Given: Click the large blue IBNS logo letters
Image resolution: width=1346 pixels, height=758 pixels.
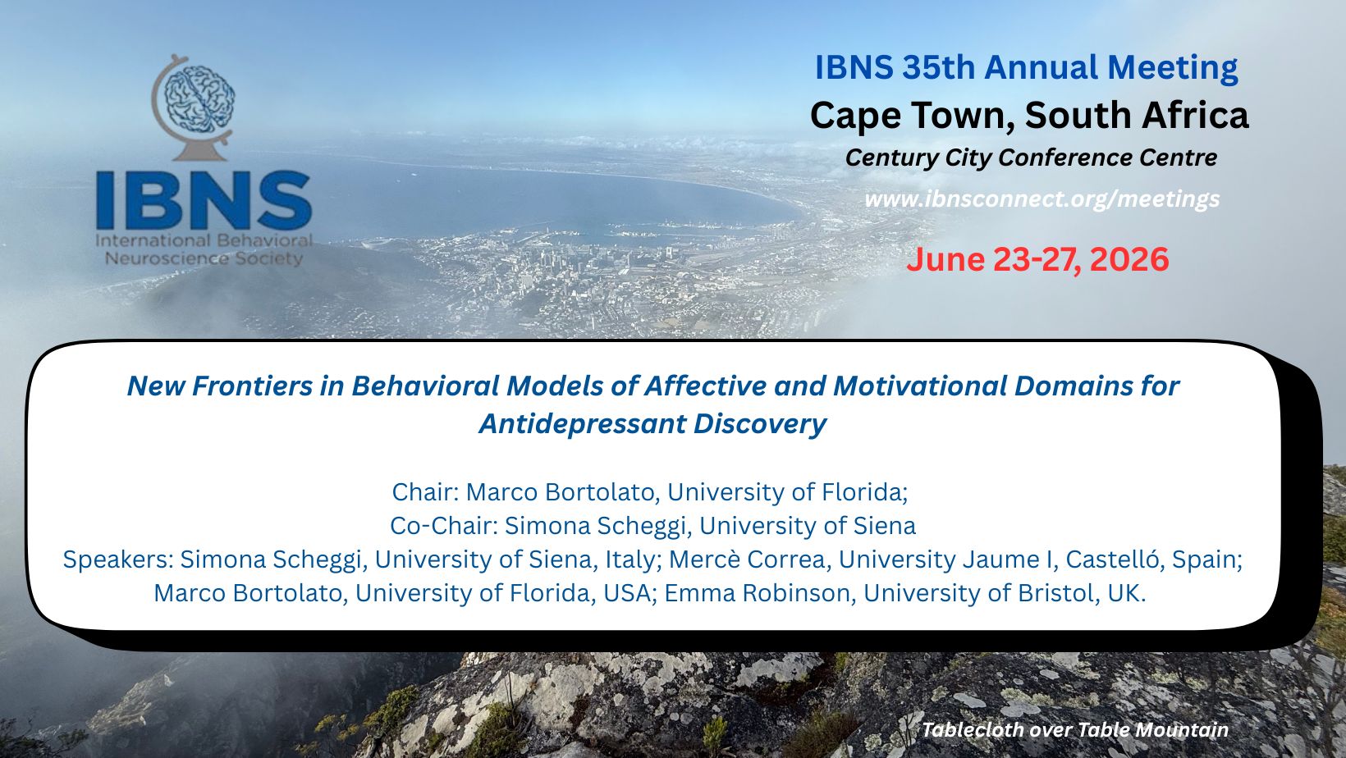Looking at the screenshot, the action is coord(204,200).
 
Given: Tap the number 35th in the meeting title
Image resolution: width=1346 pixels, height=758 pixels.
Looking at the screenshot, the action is coord(938,67).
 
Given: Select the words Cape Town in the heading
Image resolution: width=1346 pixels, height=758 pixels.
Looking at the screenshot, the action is coord(913,116).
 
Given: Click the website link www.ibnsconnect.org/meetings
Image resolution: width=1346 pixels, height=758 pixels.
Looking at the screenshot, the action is coord(1042,199).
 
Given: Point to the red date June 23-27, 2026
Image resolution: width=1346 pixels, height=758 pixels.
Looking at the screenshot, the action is coord(1037,259).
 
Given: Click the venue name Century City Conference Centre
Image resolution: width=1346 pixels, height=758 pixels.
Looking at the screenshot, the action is coord(1031,158).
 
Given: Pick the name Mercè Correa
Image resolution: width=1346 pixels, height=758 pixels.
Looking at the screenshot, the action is coord(747,559).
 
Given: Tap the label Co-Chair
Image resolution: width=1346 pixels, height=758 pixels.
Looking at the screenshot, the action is coord(442,526).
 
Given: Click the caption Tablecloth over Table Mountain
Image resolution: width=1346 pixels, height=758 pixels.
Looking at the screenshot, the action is coord(1075,730).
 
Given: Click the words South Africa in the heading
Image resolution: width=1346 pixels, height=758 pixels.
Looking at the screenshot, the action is coord(1137,116).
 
